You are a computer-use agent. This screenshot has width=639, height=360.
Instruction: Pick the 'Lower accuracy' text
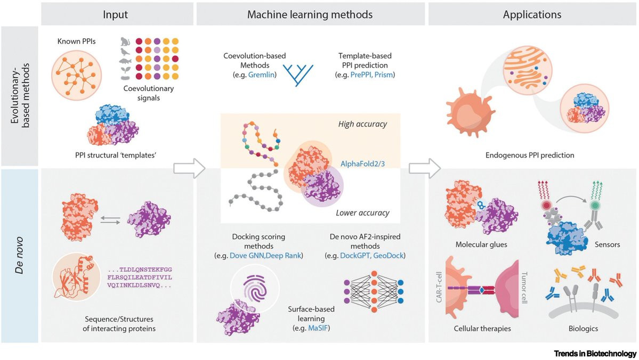coord(362,213)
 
